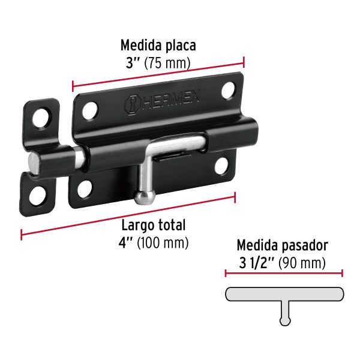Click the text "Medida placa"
tap(158, 45)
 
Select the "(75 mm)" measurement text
tap(172, 62)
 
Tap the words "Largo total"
tap(154, 226)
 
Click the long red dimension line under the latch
tap(128, 213)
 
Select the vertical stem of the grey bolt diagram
tap(285, 311)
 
